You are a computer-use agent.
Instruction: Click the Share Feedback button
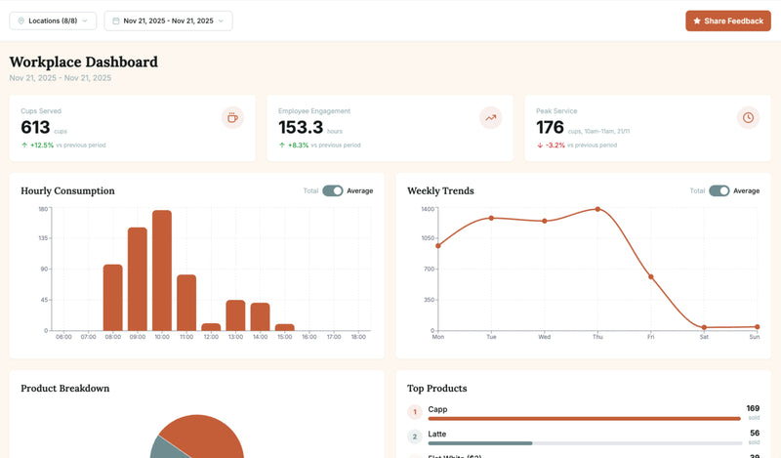coord(728,21)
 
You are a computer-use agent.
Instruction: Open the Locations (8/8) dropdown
coord(54,21)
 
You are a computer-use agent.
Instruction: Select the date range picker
coord(168,21)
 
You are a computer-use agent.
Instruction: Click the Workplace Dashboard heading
coord(84,62)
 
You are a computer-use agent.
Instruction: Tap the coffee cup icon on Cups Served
coord(232,117)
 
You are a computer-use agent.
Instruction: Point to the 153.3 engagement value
coord(301,127)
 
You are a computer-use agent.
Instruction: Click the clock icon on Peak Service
coord(748,117)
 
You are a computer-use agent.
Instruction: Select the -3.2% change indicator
coord(553,145)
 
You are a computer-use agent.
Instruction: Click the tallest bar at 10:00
coord(162,271)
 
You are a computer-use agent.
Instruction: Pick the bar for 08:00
coord(113,298)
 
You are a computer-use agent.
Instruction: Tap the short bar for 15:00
coord(284,327)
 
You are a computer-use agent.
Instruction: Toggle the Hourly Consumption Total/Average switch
coord(333,190)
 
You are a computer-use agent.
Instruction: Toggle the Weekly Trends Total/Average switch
coord(719,190)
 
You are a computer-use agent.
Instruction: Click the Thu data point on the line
coord(597,209)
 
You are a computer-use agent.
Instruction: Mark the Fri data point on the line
coord(651,277)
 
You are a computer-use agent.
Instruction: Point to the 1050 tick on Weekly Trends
coord(428,238)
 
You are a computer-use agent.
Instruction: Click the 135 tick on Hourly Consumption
coord(43,238)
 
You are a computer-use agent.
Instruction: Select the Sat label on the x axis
coord(704,337)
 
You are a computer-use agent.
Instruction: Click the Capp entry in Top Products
coord(437,409)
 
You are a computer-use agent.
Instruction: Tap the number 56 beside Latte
coord(754,433)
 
